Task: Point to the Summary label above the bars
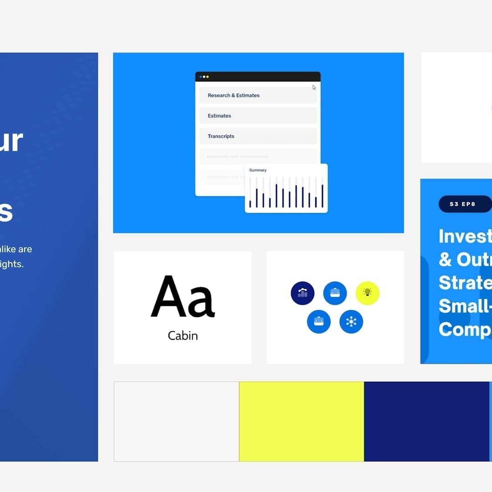click(258, 170)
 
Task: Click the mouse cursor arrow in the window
click(314, 87)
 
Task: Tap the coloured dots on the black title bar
click(204, 77)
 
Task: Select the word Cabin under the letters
click(183, 336)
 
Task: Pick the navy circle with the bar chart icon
click(302, 293)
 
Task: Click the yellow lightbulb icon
click(367, 293)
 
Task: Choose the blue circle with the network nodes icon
click(351, 322)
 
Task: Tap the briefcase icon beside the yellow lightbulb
click(335, 293)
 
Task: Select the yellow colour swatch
click(302, 421)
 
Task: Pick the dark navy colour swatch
click(426, 421)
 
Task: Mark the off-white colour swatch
click(176, 421)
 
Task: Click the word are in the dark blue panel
click(25, 249)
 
